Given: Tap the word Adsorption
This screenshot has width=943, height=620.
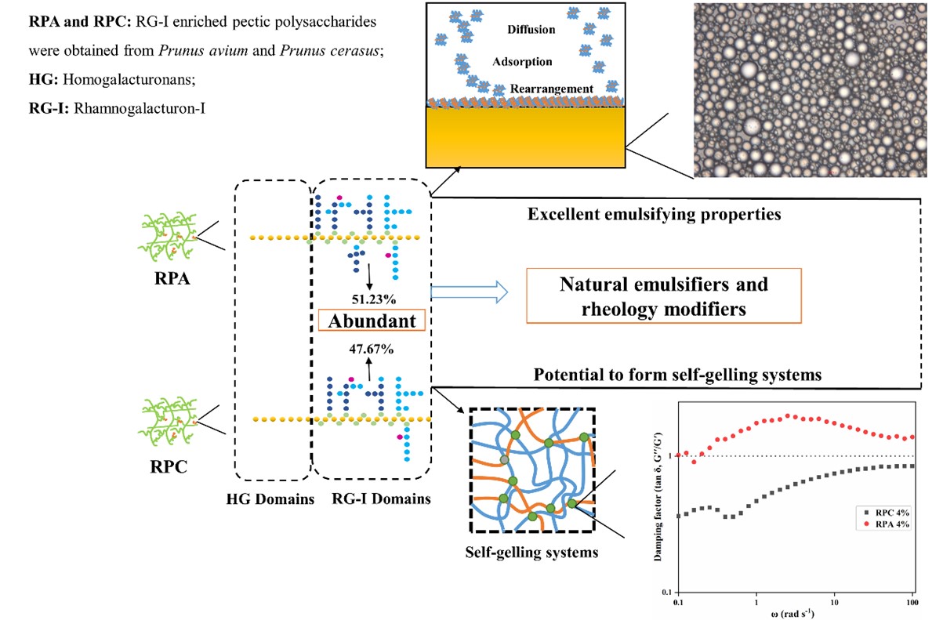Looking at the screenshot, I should [523, 61].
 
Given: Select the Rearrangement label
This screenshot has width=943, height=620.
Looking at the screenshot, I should [553, 89].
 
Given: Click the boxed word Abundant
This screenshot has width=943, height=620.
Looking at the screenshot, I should [372, 320].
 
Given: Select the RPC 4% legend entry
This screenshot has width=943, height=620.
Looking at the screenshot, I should [886, 512].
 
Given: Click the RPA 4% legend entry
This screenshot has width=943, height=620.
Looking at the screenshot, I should [886, 524].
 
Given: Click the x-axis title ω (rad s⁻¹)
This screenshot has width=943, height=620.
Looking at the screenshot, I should [794, 615].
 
